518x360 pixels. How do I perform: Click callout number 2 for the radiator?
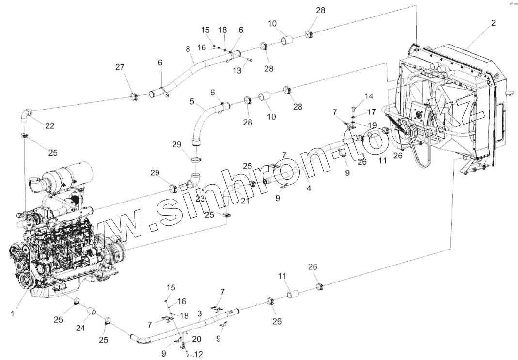pyautogui.click(x=493, y=23)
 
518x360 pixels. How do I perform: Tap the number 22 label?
pyautogui.click(x=50, y=126)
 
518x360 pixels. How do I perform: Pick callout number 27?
pyautogui.click(x=120, y=67)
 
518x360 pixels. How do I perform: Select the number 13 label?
pyautogui.click(x=236, y=70)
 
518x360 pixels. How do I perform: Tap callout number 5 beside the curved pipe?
pyautogui.click(x=192, y=102)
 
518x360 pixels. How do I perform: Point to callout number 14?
pyautogui.click(x=369, y=96)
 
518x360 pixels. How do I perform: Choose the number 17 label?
pyautogui.click(x=371, y=111)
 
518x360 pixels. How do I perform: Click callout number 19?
pyautogui.click(x=371, y=125)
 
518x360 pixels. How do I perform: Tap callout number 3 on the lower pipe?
pyautogui.click(x=199, y=314)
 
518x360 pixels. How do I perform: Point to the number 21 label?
pyautogui.click(x=245, y=201)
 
